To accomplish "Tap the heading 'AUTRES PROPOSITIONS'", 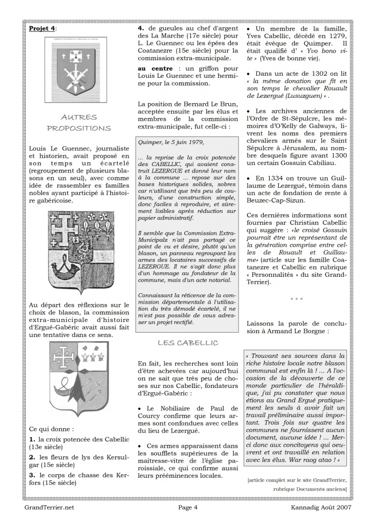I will (79, 123).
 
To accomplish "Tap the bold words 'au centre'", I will (155, 69).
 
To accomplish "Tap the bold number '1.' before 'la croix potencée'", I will (33, 439).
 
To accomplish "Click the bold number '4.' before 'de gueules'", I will (141, 27).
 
